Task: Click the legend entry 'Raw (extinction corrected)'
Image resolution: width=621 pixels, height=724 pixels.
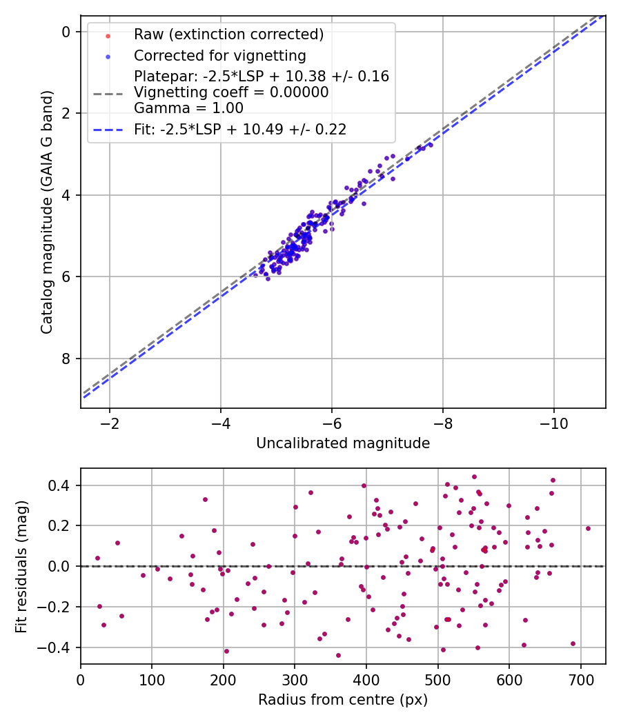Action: pyautogui.click(x=228, y=34)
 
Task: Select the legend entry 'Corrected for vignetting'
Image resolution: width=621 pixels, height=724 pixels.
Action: pyautogui.click(x=219, y=55)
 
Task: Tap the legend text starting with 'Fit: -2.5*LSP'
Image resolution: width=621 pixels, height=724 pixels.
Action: pyautogui.click(x=240, y=129)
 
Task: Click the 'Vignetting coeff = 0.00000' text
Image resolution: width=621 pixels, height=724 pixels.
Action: pyautogui.click(x=231, y=92)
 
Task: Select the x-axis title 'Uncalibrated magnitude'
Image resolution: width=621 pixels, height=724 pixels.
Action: pyautogui.click(x=343, y=443)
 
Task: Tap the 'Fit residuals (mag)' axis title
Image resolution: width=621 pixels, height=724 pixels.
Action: pyautogui.click(x=22, y=566)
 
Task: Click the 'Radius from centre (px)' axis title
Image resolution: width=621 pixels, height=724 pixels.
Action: pyautogui.click(x=343, y=700)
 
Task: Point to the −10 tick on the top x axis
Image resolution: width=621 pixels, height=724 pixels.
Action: pyautogui.click(x=553, y=422)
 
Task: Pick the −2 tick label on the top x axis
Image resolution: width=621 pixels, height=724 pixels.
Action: pyautogui.click(x=109, y=422)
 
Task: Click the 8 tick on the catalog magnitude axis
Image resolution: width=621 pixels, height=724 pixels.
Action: pyautogui.click(x=66, y=359)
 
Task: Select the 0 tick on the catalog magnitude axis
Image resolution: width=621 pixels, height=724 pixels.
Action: pyautogui.click(x=66, y=32)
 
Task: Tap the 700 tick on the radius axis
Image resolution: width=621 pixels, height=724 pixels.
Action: pyautogui.click(x=580, y=678)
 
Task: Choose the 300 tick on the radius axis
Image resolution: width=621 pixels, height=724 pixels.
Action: pyautogui.click(x=295, y=678)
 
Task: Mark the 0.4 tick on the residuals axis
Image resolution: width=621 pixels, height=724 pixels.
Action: pyautogui.click(x=62, y=485)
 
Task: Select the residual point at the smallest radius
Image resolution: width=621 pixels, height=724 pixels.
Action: pyautogui.click(x=97, y=558)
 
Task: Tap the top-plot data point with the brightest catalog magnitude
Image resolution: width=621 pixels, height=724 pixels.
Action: pyautogui.click(x=431, y=145)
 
